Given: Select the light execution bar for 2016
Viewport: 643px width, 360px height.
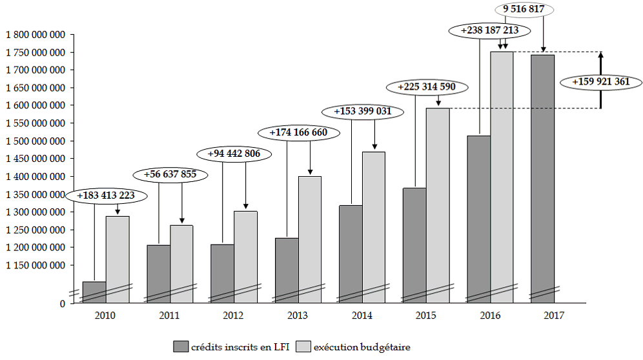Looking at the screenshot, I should tap(502, 174).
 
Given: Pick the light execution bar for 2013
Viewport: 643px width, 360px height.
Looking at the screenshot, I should tap(310, 239).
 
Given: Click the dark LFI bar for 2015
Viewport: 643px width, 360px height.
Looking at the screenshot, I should tap(414, 245).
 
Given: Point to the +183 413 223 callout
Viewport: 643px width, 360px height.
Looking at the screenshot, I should tap(107, 195).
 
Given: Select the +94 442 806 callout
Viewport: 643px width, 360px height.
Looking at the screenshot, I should tap(234, 154).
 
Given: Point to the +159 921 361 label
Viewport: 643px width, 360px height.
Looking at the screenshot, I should tap(600, 83).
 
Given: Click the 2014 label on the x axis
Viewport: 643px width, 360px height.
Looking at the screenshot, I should tap(362, 315).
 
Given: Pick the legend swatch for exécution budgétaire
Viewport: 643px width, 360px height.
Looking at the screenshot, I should tap(304, 346).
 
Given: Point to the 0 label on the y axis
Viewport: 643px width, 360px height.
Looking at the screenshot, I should tap(62, 303).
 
